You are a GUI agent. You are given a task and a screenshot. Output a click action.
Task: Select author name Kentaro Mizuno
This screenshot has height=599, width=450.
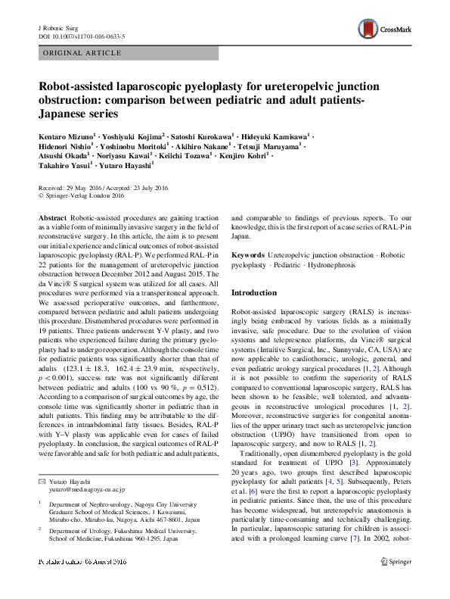coord(65,136)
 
